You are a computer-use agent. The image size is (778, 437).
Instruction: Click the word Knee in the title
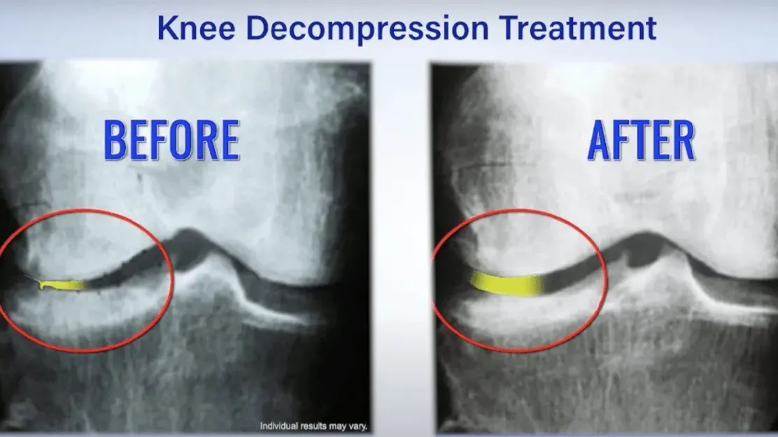pos(196,28)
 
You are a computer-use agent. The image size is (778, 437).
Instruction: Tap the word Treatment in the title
pos(578,28)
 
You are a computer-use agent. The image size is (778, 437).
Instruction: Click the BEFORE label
pos(171,141)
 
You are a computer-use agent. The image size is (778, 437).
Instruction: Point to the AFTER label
pos(641,141)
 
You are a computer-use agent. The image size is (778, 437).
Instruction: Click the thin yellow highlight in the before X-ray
pos(62,285)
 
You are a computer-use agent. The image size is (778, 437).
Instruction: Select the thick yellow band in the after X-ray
pos(507,284)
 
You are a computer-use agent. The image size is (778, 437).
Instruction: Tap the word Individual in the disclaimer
pos(279,426)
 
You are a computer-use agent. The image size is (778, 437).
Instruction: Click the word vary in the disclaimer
pos(358,427)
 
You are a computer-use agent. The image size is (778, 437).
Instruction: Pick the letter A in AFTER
pos(600,141)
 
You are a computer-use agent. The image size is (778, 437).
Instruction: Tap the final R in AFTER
pos(684,141)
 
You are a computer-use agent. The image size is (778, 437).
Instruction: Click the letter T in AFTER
pos(642,141)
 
